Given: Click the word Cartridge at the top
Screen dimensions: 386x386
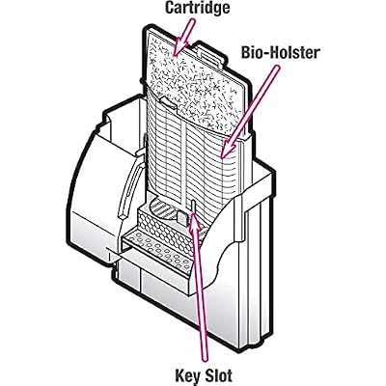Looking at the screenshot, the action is click(x=197, y=8).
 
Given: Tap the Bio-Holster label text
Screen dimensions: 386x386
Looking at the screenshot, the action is click(x=281, y=52).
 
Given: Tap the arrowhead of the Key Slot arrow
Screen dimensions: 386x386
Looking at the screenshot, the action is click(x=194, y=221).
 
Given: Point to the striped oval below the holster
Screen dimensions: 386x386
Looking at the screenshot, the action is click(x=164, y=210).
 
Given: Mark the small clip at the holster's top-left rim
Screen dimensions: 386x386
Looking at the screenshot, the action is click(x=168, y=103).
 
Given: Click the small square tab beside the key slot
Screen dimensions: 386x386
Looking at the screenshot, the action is click(x=182, y=218).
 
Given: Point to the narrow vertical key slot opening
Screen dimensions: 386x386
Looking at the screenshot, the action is click(x=193, y=207).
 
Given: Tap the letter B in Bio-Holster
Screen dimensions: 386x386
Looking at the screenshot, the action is click(x=246, y=52).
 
